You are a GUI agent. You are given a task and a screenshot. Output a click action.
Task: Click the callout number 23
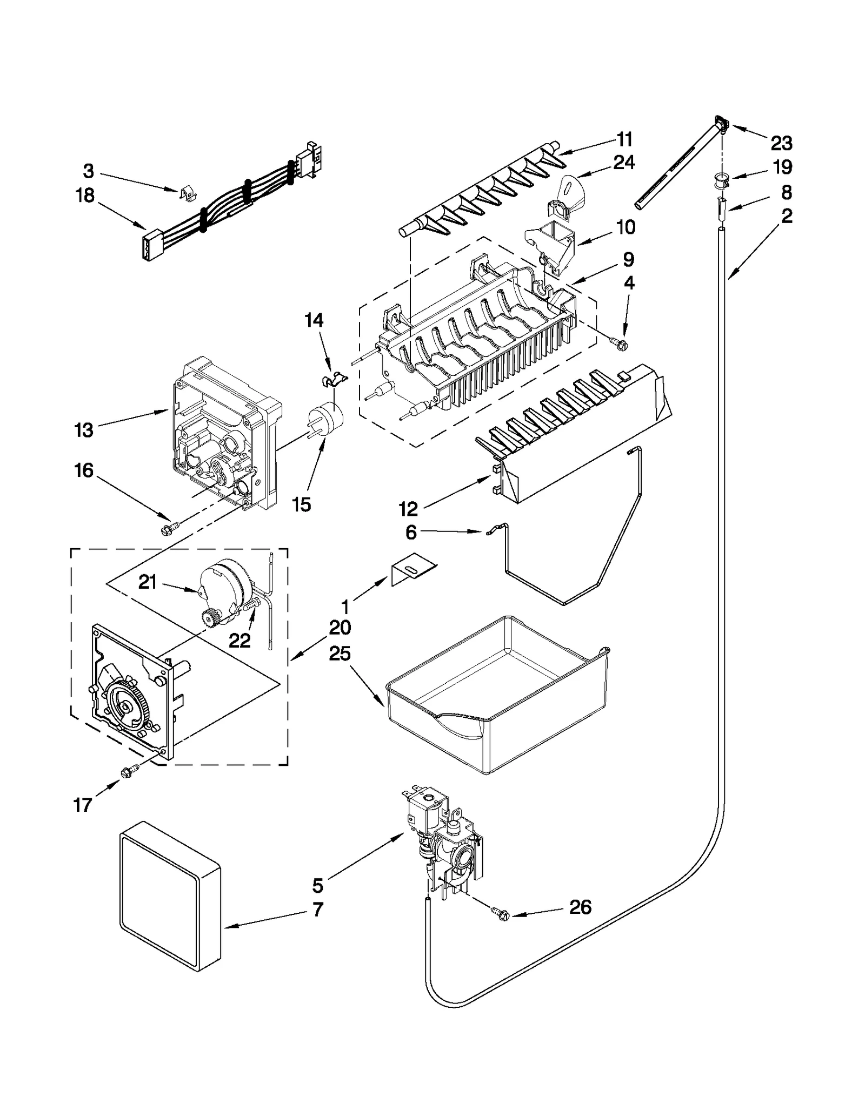pyautogui.click(x=781, y=143)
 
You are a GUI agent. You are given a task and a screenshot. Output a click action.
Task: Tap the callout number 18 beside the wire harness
pyautogui.click(x=85, y=196)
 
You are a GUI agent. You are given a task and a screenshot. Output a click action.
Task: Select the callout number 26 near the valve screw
pyautogui.click(x=580, y=907)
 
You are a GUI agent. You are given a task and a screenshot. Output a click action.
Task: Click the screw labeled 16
pyautogui.click(x=168, y=530)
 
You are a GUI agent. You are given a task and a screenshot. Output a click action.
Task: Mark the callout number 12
pyautogui.click(x=408, y=509)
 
